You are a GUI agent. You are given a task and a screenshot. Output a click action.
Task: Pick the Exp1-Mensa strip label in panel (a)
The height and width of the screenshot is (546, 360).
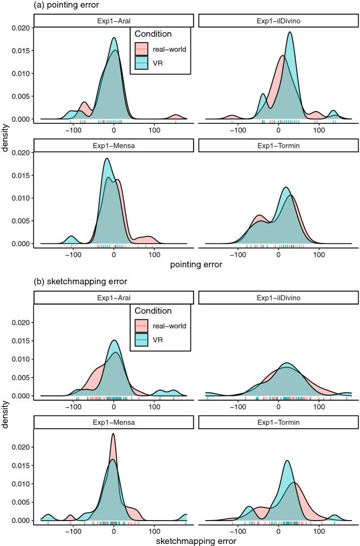pyautogui.click(x=113, y=145)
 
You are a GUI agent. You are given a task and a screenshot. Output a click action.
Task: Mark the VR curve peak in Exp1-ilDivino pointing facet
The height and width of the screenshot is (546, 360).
pyautogui.click(x=289, y=32)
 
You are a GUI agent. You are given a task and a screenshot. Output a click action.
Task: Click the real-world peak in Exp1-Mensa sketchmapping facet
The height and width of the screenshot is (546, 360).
pyautogui.click(x=113, y=434)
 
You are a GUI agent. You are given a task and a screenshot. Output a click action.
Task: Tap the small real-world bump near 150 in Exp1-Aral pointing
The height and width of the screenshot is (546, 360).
pyautogui.click(x=176, y=116)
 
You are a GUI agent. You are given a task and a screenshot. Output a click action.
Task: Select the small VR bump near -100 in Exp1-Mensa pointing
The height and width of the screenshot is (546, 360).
pyautogui.click(x=72, y=237)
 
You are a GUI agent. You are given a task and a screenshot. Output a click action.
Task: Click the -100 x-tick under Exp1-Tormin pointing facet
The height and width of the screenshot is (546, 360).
pyautogui.click(x=237, y=254)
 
